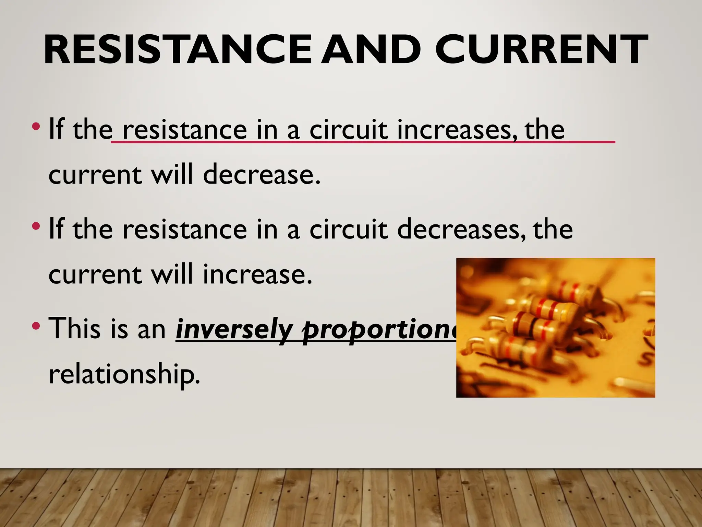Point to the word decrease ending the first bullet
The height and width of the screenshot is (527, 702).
pos(262,174)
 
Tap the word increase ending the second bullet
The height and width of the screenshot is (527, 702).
pos(257,274)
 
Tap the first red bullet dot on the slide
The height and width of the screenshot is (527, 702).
pos(36,127)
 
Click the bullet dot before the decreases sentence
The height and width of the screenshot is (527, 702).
pos(36,226)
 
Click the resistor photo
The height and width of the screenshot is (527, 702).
pos(555,328)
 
